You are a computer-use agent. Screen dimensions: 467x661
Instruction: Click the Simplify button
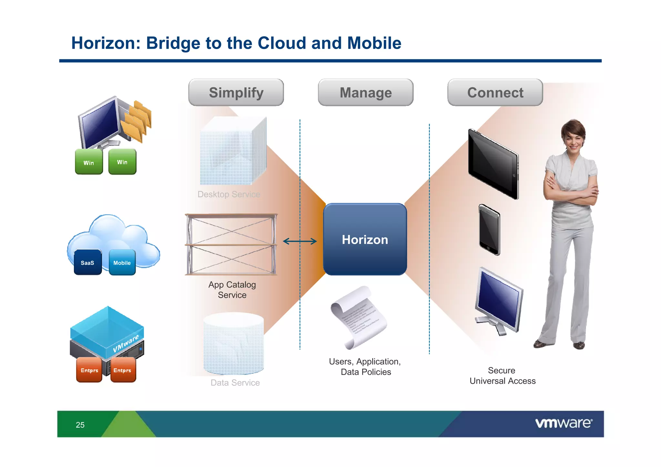[236, 93]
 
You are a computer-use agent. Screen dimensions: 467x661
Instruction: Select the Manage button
[365, 93]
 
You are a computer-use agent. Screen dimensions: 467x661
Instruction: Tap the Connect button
[495, 93]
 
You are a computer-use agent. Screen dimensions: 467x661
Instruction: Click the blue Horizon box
[365, 239]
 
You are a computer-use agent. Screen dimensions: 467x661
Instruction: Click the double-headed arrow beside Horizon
[300, 241]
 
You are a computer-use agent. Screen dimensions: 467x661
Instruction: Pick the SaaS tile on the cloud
[87, 262]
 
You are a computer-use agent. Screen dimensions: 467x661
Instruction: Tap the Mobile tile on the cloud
[122, 262]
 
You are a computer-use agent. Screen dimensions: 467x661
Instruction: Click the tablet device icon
[493, 164]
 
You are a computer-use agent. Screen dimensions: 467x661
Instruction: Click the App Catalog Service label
[232, 289]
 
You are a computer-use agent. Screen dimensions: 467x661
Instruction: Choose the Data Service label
[235, 382]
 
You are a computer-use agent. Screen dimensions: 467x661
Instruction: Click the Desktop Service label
[229, 194]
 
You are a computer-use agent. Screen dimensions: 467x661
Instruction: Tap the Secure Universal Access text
[502, 376]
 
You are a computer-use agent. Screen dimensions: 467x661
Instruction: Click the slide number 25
[80, 425]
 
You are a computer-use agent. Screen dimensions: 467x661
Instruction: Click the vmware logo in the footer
[563, 423]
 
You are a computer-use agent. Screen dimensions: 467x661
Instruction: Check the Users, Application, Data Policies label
[365, 367]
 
